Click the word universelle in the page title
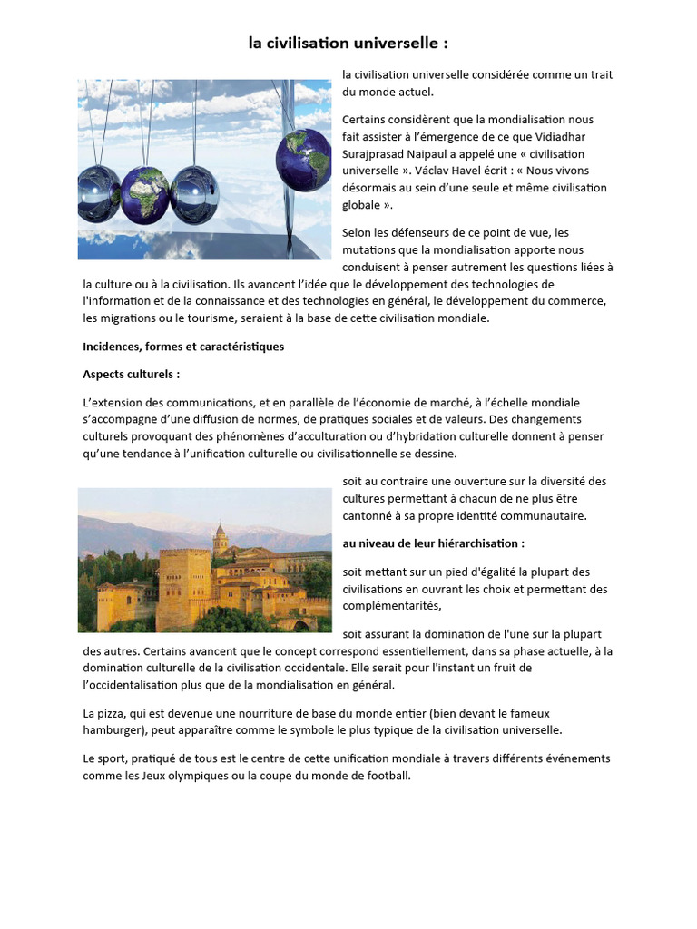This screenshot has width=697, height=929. (x=396, y=43)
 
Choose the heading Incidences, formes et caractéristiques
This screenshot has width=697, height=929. (x=183, y=347)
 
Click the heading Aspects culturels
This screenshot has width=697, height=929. (x=131, y=374)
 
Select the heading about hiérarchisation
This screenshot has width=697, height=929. (x=433, y=543)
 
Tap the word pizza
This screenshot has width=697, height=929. (x=115, y=713)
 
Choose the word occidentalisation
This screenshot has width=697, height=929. (x=138, y=685)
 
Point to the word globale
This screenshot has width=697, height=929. (x=361, y=205)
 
